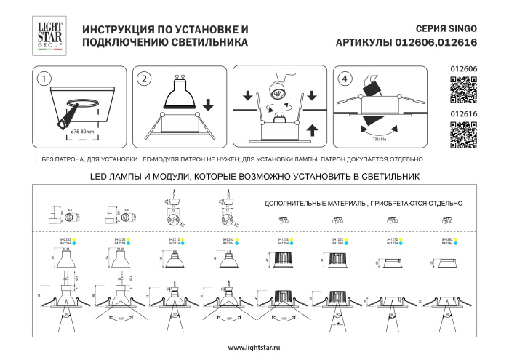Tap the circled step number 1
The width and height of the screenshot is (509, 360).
(x=44, y=79)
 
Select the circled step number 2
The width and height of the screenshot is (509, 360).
(x=145, y=79)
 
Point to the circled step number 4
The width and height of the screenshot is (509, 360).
(x=344, y=79)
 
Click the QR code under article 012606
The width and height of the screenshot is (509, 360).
(x=463, y=92)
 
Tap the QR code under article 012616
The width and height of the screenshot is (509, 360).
(x=463, y=135)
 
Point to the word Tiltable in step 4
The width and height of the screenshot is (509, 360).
(x=380, y=136)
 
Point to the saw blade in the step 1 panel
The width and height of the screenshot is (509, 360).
(x=68, y=114)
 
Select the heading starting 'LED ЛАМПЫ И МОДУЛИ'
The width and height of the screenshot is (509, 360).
(x=254, y=176)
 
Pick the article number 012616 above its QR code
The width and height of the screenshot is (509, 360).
(x=463, y=114)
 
